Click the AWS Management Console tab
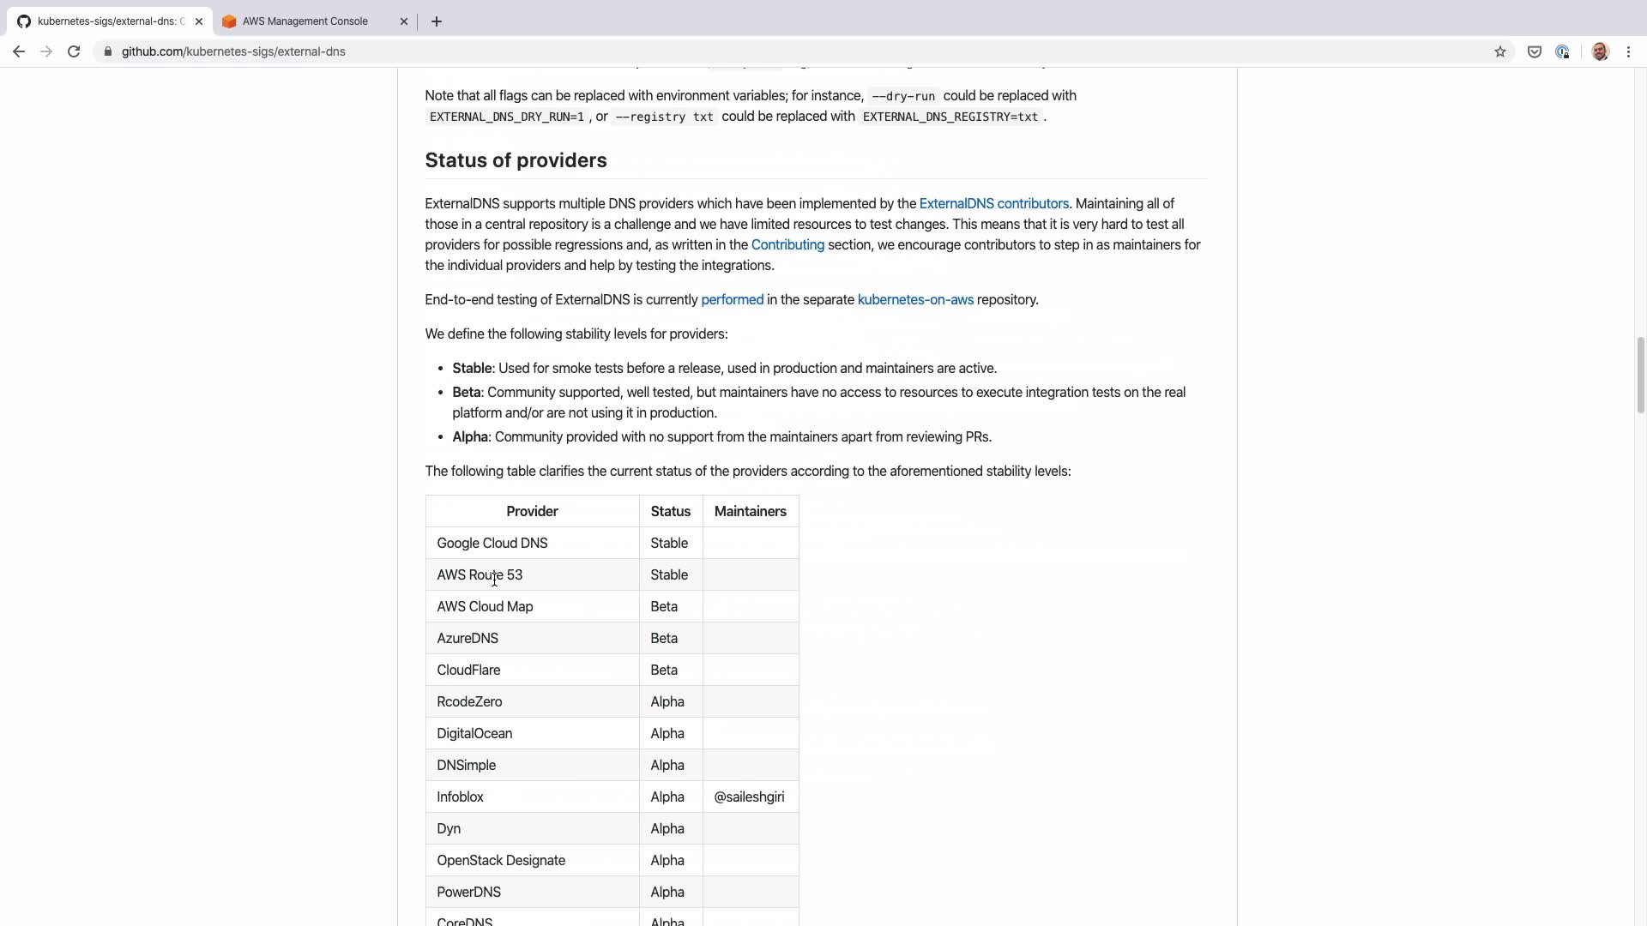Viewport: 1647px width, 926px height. pyautogui.click(x=305, y=21)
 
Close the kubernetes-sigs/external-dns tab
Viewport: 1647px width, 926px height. pyautogui.click(x=199, y=21)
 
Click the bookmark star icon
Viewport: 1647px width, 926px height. pyautogui.click(x=1500, y=51)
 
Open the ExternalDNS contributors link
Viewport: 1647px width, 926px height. pyautogui.click(x=993, y=204)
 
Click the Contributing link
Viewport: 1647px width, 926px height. pyautogui.click(x=787, y=245)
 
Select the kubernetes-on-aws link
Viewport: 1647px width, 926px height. pyautogui.click(x=915, y=300)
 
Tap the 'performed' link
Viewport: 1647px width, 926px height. pyautogui.click(x=732, y=300)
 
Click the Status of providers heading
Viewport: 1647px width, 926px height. pyautogui.click(x=516, y=161)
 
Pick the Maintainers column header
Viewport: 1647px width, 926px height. pyautogui.click(x=750, y=512)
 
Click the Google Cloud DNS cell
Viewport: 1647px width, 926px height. pyautogui.click(x=492, y=544)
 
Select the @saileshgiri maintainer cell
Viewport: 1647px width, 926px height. pyautogui.click(x=749, y=797)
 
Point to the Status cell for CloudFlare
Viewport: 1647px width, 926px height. pyautogui.click(x=664, y=670)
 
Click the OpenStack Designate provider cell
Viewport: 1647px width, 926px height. pyautogui.click(x=501, y=861)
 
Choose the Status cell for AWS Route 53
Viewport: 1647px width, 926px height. pyautogui.click(x=669, y=575)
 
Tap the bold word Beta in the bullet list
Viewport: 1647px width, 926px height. pyautogui.click(x=466, y=393)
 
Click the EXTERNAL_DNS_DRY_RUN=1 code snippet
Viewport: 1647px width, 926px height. pyautogui.click(x=506, y=117)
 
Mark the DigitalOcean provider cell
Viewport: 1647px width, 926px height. pyautogui.click(x=474, y=734)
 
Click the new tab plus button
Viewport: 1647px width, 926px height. pyautogui.click(x=437, y=21)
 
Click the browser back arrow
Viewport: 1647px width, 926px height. pyautogui.click(x=19, y=51)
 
